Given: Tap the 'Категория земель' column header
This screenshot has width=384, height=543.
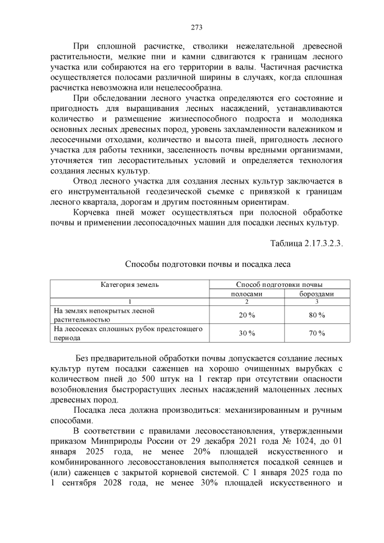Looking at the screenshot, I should pos(130,284).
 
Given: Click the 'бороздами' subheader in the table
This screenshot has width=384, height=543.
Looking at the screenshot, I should pos(317,293).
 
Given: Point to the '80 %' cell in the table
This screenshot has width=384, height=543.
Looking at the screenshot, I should pos(317,315).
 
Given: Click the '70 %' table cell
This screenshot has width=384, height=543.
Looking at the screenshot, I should pos(317,334).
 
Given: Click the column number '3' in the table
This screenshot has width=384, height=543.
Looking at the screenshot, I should pos(317,301).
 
